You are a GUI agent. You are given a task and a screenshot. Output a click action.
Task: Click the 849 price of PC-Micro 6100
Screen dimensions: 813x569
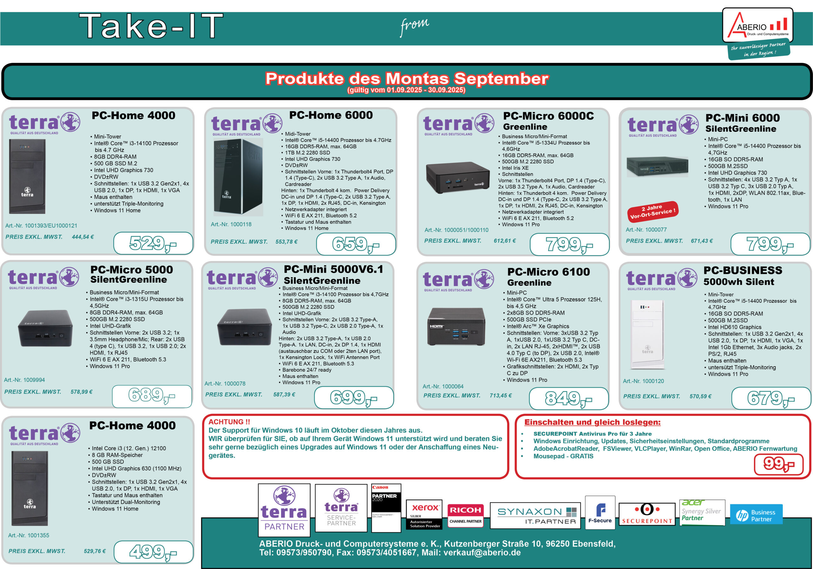pos(569,399)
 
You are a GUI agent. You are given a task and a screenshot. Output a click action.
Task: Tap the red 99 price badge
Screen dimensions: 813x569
pos(779,464)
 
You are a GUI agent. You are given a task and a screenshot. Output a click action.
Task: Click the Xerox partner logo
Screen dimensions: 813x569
pos(424,514)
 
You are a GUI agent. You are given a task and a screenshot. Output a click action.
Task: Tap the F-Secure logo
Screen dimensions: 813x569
pos(600,513)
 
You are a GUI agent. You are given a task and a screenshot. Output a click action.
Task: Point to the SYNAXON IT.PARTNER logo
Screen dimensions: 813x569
pos(535,516)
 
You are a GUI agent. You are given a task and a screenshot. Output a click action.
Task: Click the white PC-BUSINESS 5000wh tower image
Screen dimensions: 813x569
pos(647,334)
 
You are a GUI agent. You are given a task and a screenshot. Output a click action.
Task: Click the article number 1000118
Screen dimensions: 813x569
pos(231,224)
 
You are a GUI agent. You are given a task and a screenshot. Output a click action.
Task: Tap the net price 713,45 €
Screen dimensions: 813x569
pos(501,395)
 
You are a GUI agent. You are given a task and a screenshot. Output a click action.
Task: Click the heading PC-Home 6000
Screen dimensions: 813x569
pos(331,115)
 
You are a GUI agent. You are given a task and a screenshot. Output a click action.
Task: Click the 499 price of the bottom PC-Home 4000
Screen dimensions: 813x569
pos(153,552)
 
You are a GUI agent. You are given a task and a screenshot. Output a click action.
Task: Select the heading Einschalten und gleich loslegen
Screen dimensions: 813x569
pos(592,422)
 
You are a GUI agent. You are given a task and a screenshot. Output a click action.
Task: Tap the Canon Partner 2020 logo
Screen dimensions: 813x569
pos(386,508)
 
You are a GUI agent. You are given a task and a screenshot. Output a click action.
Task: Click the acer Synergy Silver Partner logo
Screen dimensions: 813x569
pos(702,512)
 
